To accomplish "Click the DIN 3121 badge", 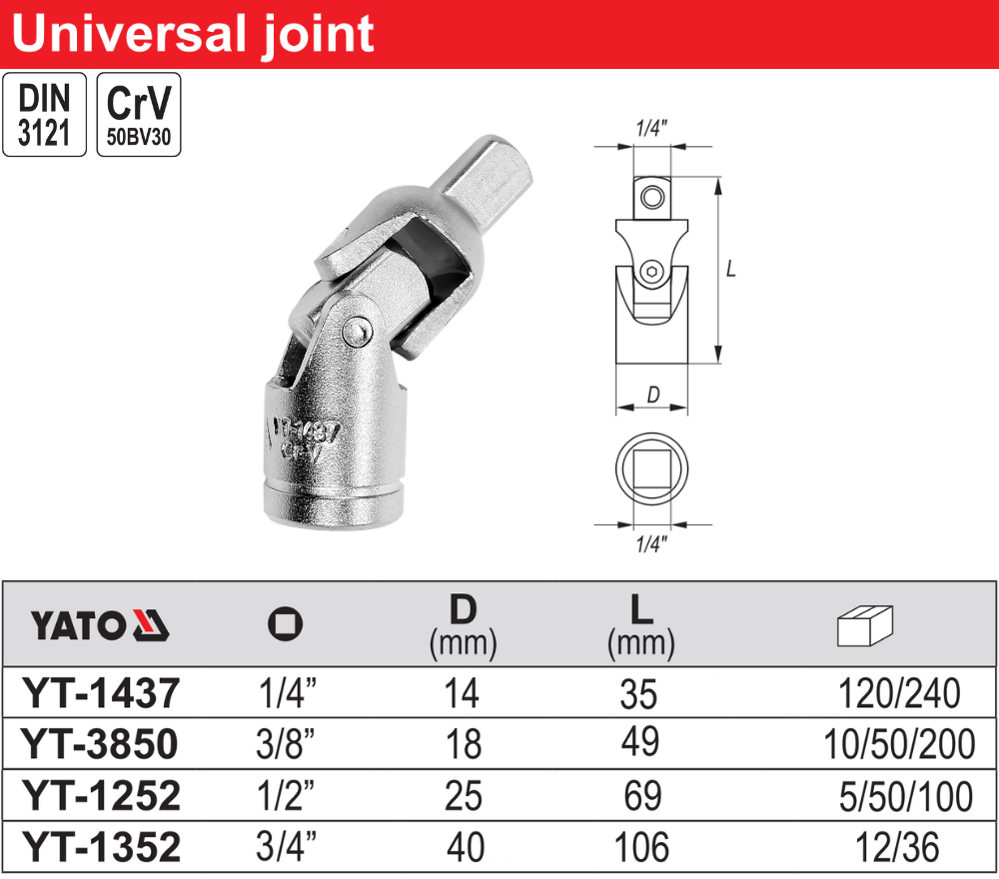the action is pyautogui.click(x=45, y=115).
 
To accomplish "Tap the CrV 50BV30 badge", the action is pyautogui.click(x=139, y=115).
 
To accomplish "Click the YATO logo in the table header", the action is pyautogui.click(x=99, y=625).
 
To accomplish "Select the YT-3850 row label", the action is pyautogui.click(x=99, y=743).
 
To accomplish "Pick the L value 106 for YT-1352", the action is pyautogui.click(x=641, y=847).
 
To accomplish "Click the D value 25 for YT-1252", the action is pyautogui.click(x=464, y=795).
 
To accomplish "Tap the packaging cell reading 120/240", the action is pyautogui.click(x=899, y=693).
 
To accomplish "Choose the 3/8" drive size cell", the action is pyautogui.click(x=286, y=743).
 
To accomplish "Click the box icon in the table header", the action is pyautogui.click(x=864, y=625).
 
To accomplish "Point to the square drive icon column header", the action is pyautogui.click(x=286, y=624).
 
